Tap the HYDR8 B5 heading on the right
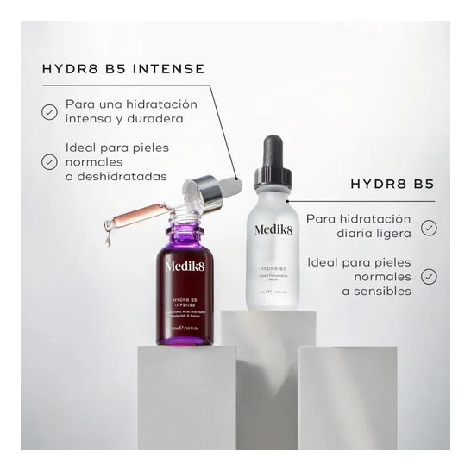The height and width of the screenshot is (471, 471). tap(392, 185)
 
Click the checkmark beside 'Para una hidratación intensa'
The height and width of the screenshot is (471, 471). tap(49, 111)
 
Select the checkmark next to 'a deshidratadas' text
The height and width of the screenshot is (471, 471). tap(49, 161)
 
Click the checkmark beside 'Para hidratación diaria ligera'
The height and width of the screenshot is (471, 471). tap(429, 227)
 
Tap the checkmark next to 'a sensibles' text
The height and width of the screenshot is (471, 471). tap(429, 277)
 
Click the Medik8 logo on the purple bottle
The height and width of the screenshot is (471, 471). tap(185, 266)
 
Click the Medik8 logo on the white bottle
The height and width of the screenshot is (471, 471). tap(273, 229)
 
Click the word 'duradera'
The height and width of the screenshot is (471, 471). tap(166, 120)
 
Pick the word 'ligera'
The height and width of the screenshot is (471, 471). tap(390, 235)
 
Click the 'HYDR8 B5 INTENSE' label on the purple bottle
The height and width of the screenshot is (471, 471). tap(184, 302)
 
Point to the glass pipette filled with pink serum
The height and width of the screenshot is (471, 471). tap(142, 215)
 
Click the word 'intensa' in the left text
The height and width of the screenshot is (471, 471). tap(90, 120)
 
